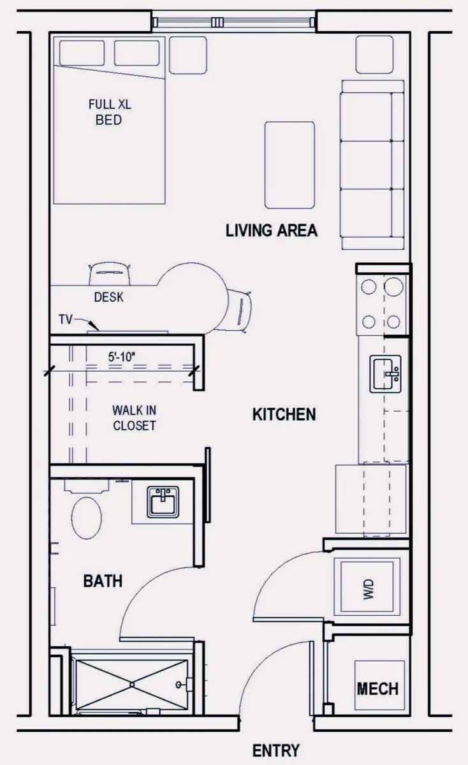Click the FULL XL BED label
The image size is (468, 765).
[110, 112]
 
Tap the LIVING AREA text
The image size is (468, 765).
[272, 231]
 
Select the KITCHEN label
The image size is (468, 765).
[284, 414]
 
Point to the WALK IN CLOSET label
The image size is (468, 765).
[135, 418]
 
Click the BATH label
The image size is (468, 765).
[103, 581]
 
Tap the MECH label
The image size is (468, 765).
[377, 689]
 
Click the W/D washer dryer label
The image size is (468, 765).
[369, 590]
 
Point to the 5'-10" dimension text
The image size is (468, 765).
[122, 357]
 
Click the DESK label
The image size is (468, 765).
[108, 297]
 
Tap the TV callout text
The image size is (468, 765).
[66, 319]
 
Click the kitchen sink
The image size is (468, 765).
[385, 374]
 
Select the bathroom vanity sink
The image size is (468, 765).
[163, 502]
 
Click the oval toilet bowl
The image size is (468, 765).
[87, 518]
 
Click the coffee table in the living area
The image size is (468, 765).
[289, 165]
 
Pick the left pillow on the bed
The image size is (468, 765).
[82, 53]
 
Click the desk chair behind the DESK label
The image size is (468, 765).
[110, 273]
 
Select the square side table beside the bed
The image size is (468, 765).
[188, 55]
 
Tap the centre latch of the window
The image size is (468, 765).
[217, 22]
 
